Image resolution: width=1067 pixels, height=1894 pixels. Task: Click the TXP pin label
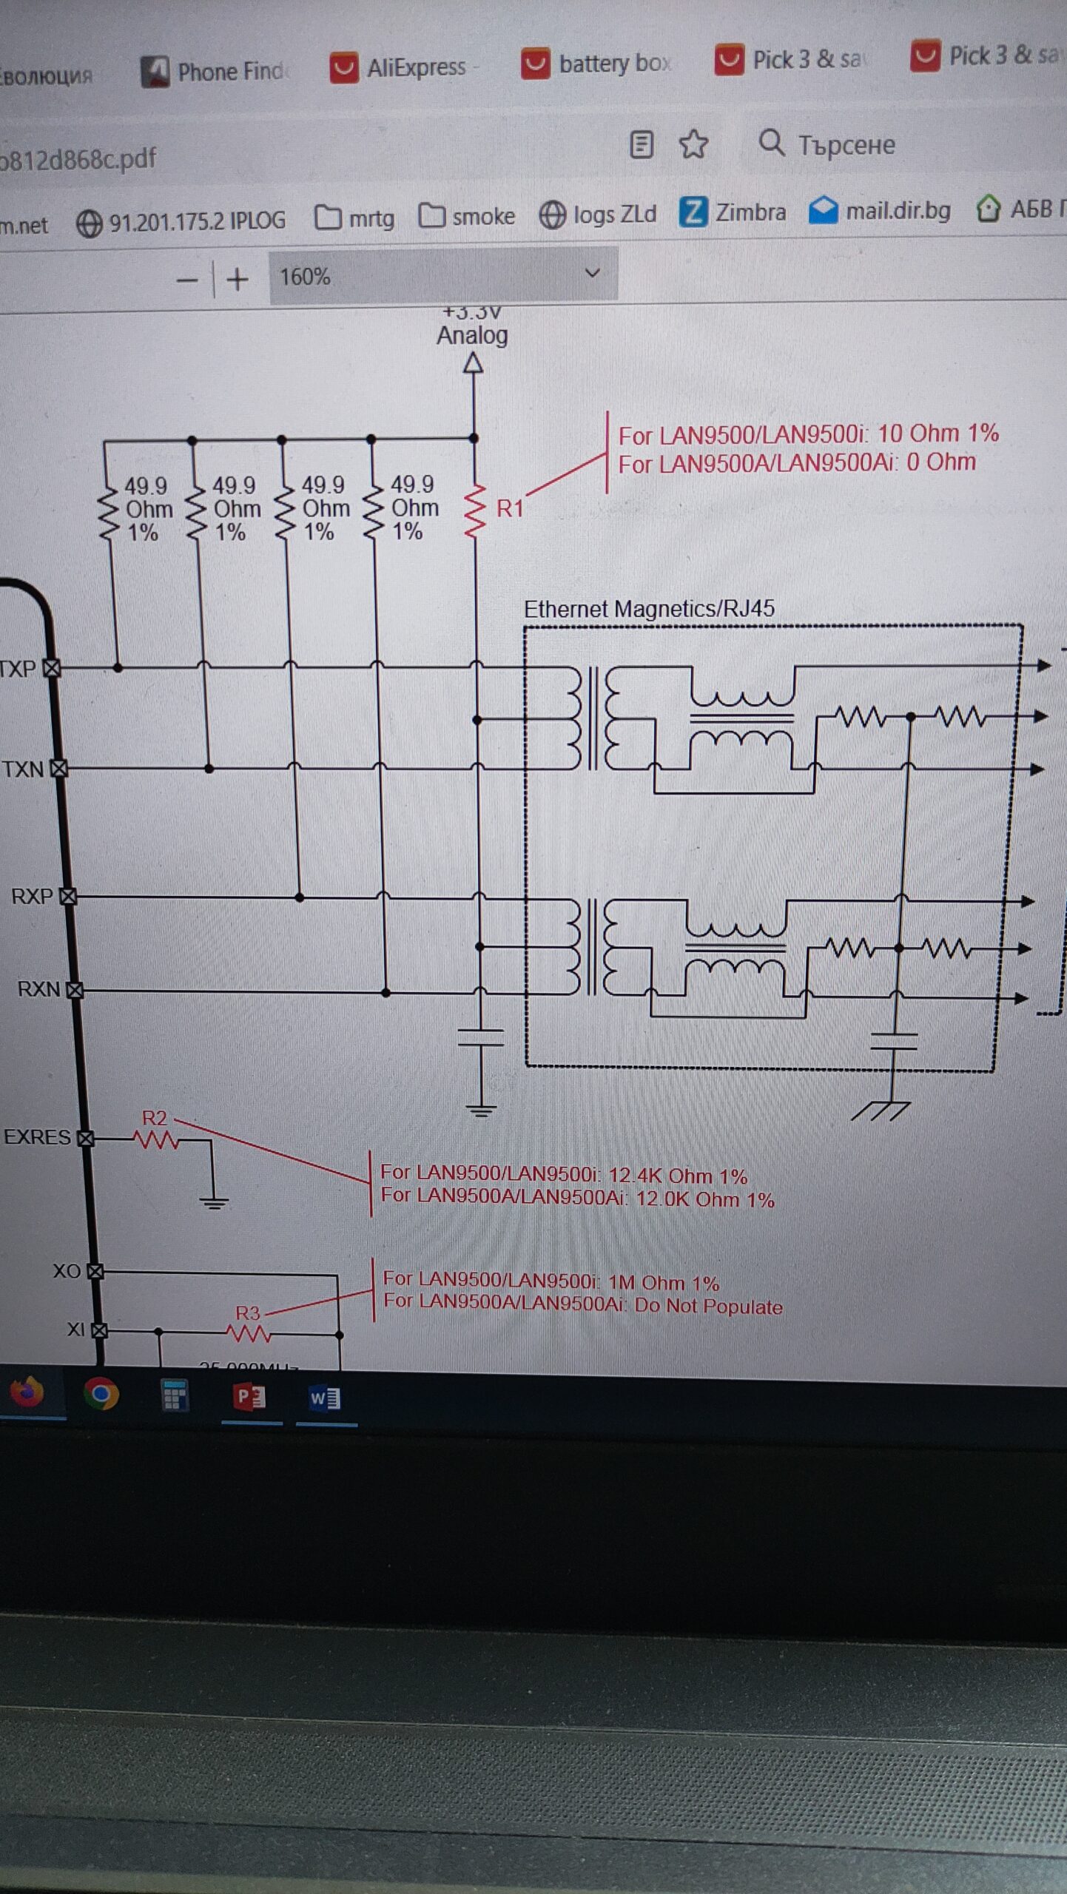(18, 669)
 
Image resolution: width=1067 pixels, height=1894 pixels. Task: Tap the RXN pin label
(38, 989)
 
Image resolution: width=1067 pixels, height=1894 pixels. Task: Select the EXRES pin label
(37, 1137)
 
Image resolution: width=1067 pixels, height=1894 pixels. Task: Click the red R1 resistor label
(510, 508)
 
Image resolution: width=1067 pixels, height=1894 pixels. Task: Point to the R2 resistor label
(155, 1118)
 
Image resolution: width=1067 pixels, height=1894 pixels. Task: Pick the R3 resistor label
(248, 1313)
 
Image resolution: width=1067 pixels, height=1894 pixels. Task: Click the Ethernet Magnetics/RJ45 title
(649, 609)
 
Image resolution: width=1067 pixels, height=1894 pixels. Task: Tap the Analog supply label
(472, 335)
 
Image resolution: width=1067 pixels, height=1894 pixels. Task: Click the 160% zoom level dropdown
(442, 276)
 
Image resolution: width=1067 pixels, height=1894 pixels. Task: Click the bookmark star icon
(693, 144)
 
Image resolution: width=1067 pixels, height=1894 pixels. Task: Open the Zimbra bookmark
(733, 212)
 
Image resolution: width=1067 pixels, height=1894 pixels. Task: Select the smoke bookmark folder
(468, 216)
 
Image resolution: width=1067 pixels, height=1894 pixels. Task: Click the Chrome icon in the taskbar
(101, 1394)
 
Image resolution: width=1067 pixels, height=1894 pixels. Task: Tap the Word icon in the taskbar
(325, 1398)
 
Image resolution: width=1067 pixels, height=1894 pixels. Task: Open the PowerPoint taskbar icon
(250, 1396)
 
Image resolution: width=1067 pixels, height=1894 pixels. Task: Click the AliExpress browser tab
(403, 67)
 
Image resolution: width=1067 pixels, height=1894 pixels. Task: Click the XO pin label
(67, 1271)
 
